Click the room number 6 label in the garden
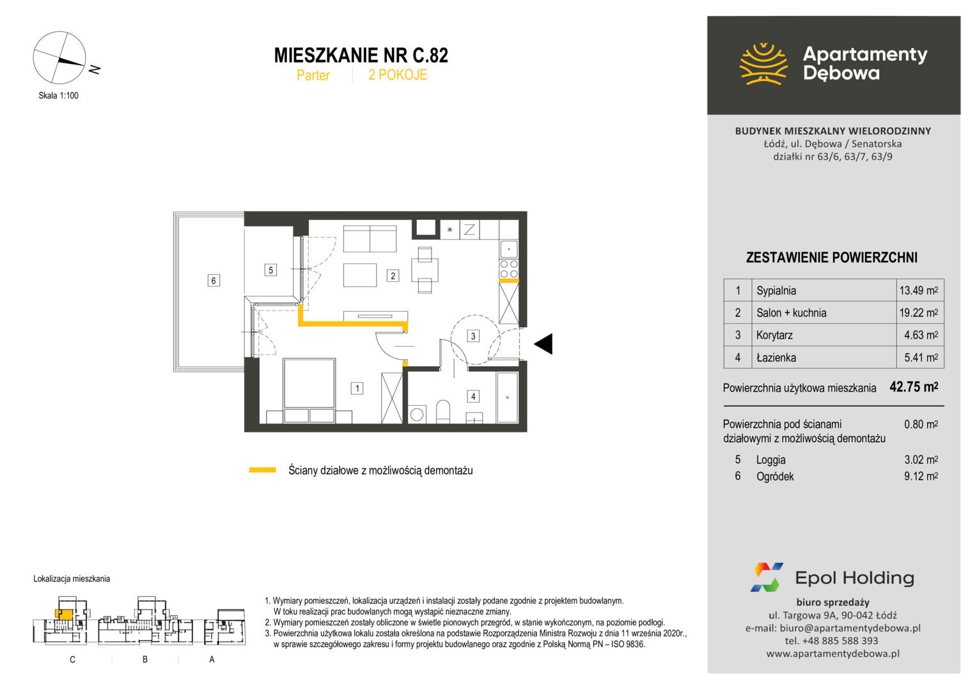tap(214, 280)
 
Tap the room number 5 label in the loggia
tap(271, 270)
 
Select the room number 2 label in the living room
tap(393, 276)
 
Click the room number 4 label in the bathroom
tap(473, 397)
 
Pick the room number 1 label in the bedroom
tap(357, 389)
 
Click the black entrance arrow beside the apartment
tap(543, 344)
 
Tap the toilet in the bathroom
tap(443, 411)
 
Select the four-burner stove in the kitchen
tap(509, 269)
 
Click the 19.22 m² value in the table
tap(919, 313)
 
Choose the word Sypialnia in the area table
tap(776, 291)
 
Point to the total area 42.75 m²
tap(914, 387)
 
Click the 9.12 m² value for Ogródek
tap(921, 477)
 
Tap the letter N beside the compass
tap(95, 69)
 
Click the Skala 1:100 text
tap(58, 96)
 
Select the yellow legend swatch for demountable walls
tap(263, 470)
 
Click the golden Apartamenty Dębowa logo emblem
tap(763, 64)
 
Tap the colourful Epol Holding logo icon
tap(767, 578)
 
